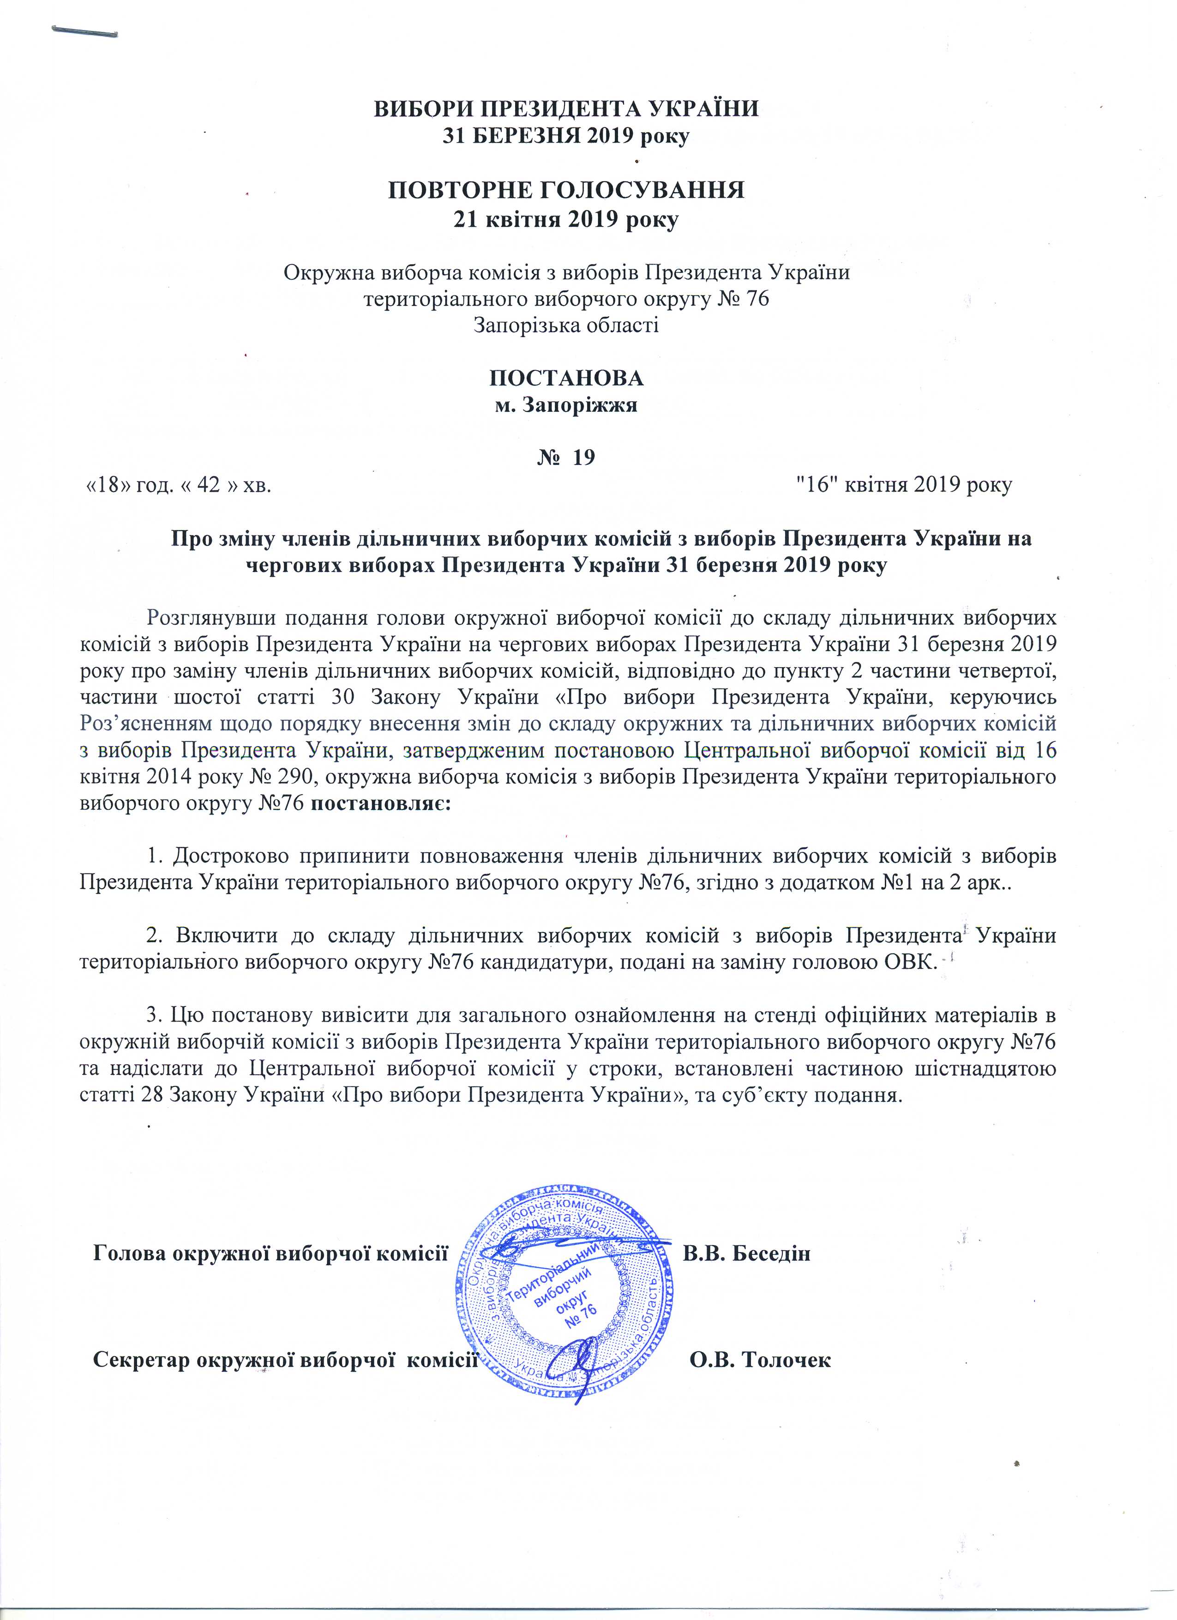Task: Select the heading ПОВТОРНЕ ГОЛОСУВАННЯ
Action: point(566,191)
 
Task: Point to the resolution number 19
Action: point(583,457)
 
